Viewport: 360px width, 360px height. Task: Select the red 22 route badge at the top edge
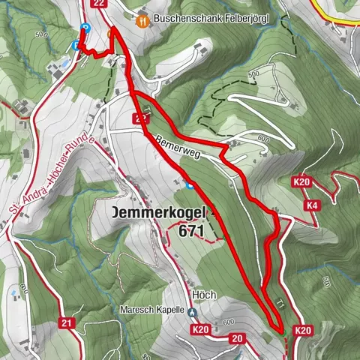coord(100,4)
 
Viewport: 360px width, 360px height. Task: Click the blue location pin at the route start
coord(85,28)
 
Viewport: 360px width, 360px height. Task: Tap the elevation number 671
coord(192,232)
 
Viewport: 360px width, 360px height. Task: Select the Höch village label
coord(205,295)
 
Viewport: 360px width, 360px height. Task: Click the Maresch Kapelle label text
coord(151,310)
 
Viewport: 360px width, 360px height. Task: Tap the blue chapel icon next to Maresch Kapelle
coord(192,313)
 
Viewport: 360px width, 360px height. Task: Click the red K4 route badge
coord(311,204)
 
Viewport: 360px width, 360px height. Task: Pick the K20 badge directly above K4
coord(302,182)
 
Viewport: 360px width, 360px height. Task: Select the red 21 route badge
coord(67,323)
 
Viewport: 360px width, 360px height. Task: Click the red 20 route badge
coord(237,339)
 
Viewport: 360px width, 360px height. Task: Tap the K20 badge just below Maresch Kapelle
coord(199,329)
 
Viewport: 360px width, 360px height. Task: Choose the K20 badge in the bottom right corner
coord(303,330)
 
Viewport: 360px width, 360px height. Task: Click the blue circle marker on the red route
coord(190,184)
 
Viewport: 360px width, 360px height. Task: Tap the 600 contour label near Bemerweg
coord(262,139)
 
